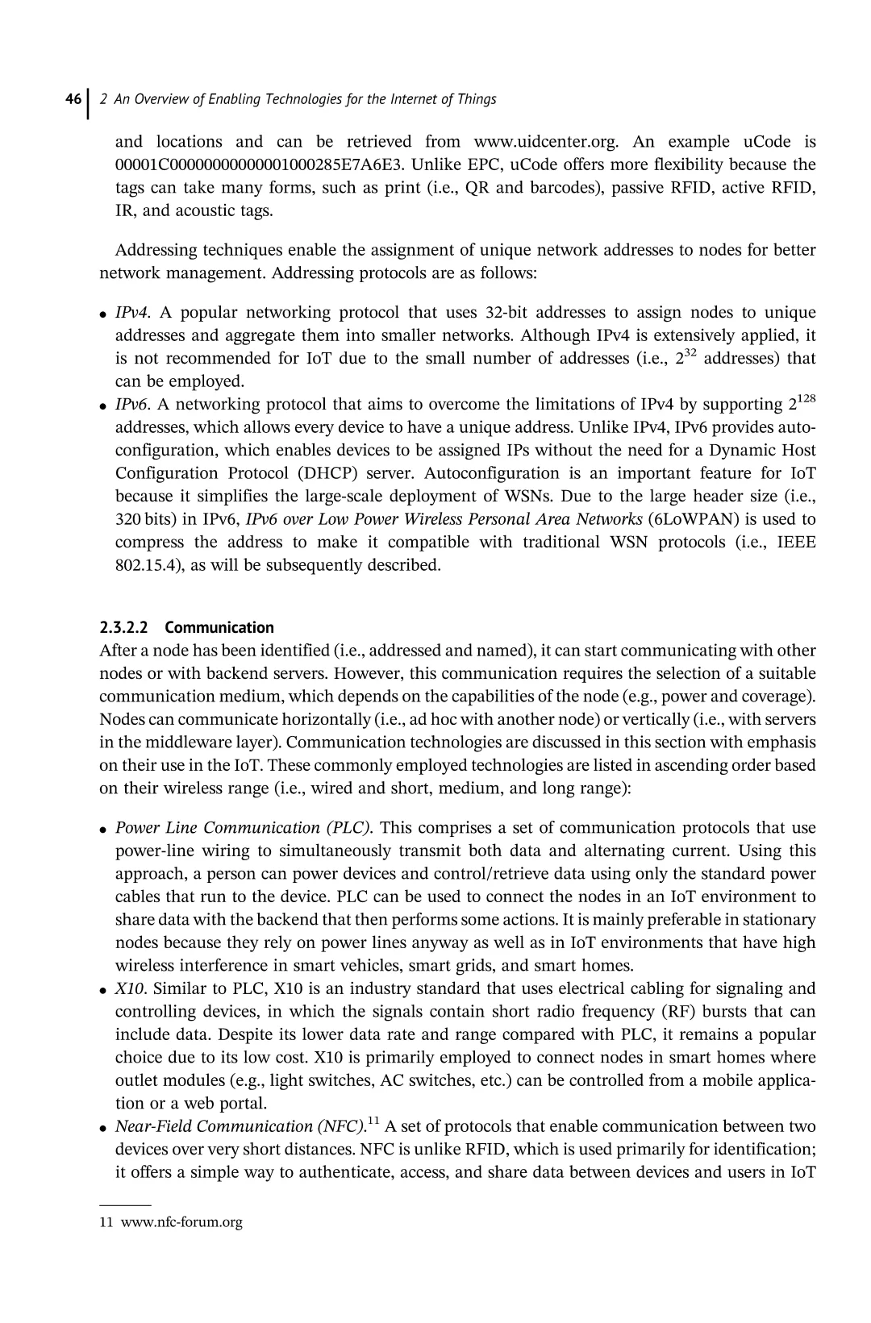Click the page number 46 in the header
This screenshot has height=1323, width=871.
coord(73,100)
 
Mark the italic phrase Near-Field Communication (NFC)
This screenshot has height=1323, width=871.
coord(240,1126)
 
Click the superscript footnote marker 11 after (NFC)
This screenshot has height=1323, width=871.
coord(373,1121)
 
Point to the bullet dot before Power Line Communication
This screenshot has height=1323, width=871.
coord(104,830)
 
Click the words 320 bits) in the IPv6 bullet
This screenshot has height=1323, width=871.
coord(144,519)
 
